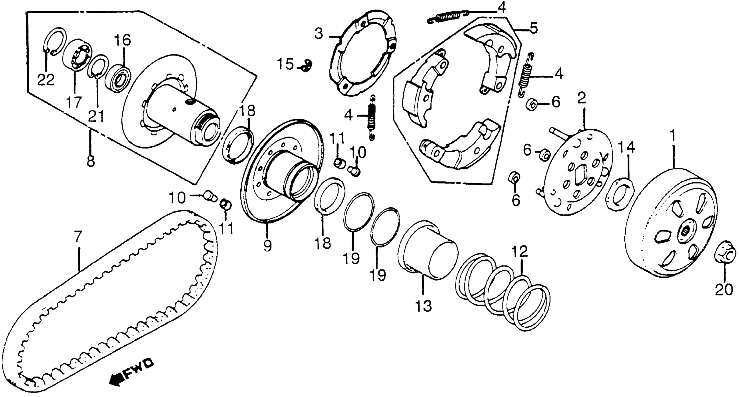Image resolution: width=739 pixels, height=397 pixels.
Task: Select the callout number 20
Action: pos(724,290)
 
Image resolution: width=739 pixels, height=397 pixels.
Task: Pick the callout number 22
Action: pos(46,80)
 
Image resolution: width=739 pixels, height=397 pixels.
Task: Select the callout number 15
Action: pos(285,64)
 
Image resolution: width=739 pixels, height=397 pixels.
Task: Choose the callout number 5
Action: pos(534,29)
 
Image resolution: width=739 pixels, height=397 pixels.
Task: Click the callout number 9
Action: pos(267,246)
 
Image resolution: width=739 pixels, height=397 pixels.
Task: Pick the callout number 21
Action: pos(96,116)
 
